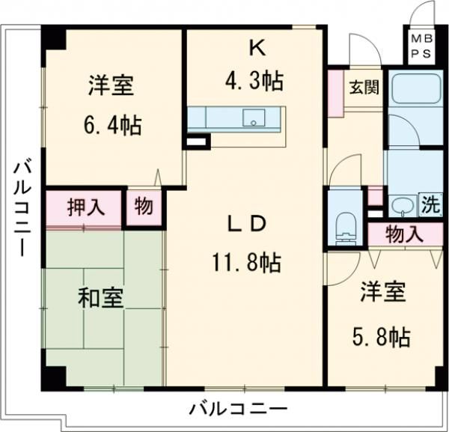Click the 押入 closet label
[x=84, y=207]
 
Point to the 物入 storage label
[x=405, y=234]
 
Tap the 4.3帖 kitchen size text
[x=257, y=80]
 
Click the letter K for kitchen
[x=257, y=49]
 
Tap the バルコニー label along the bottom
[x=237, y=409]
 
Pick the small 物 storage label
[x=142, y=207]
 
